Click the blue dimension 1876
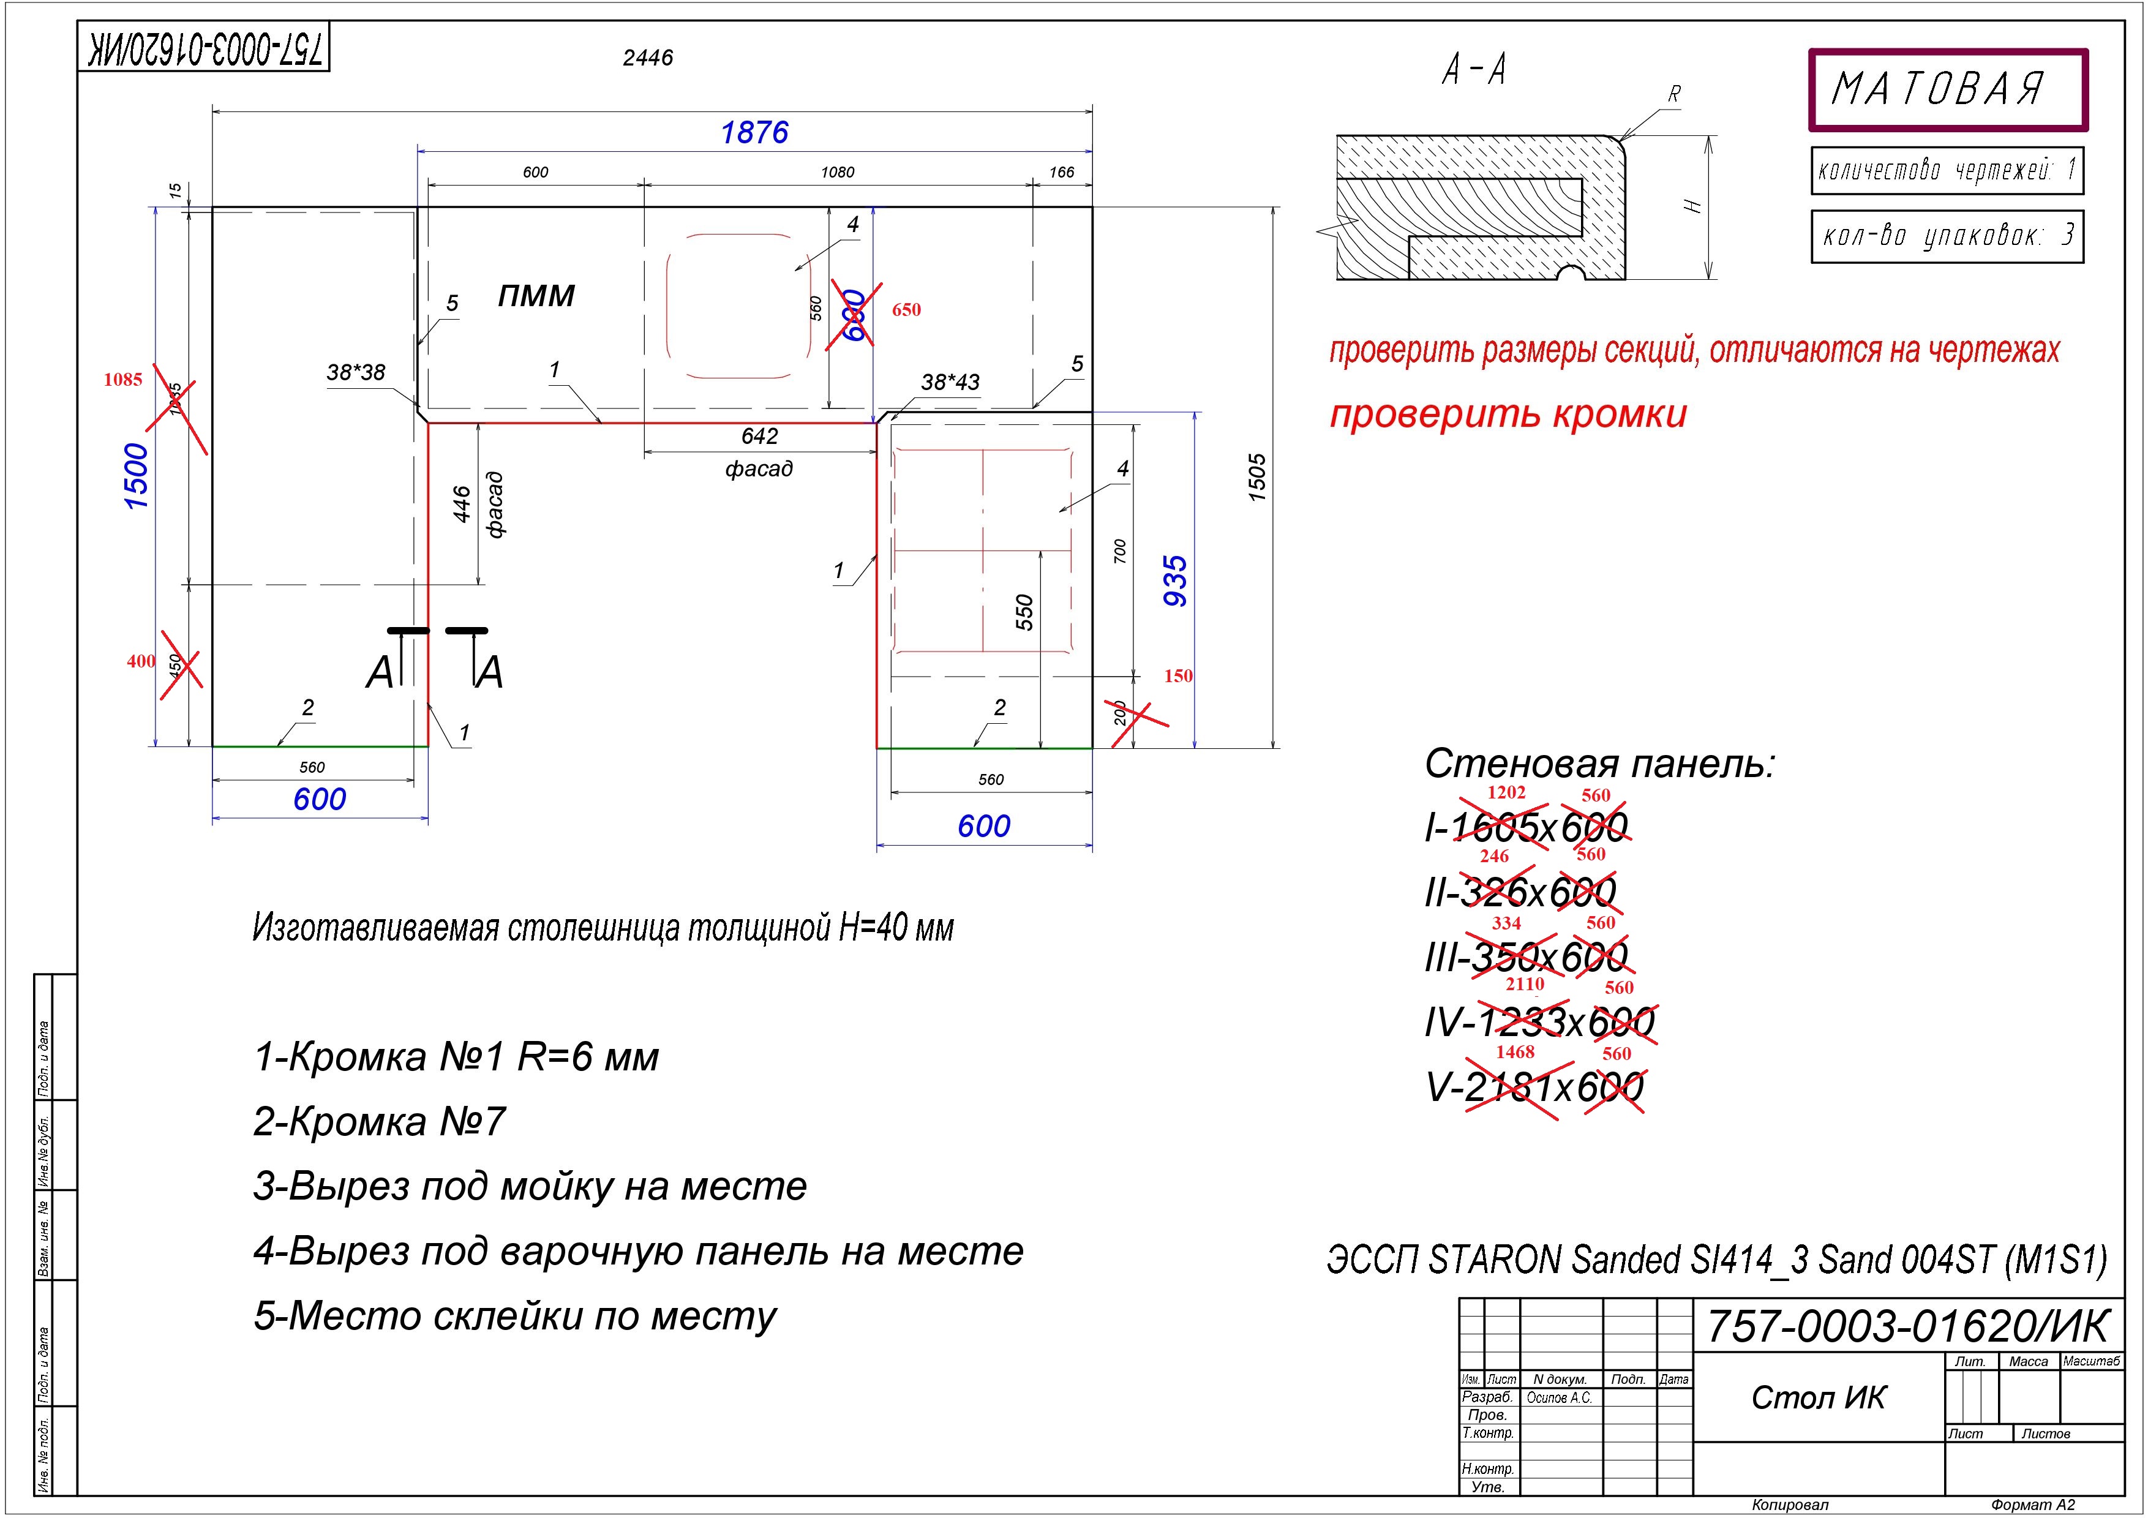pos(754,133)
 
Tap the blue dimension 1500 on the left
pos(137,476)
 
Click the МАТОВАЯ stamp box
pos(1948,90)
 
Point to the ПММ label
pos(536,296)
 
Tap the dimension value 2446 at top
pos(647,58)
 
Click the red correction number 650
pos(906,310)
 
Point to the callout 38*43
pos(950,383)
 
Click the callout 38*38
pos(356,372)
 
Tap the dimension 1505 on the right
pos(1256,477)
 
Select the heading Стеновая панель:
pos(1599,764)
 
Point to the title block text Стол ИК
pos(1819,1398)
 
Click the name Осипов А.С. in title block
pos(1558,1398)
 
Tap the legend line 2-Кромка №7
pos(380,1121)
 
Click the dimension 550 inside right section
pos(1024,612)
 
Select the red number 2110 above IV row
pos(1524,984)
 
